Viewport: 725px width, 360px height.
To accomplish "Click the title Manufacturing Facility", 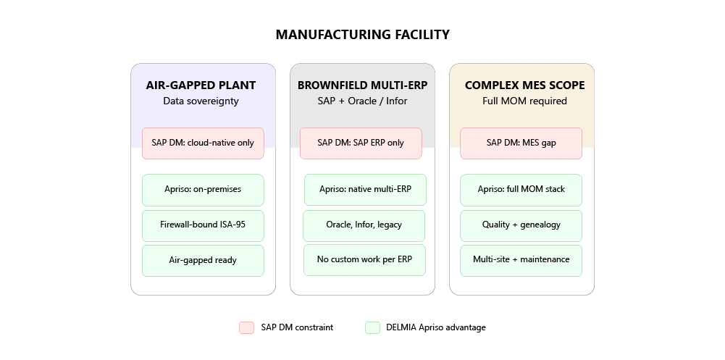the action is (x=362, y=35).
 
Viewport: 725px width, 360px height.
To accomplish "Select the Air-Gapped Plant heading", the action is (x=201, y=85).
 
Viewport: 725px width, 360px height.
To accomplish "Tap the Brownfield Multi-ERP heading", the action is (x=362, y=85).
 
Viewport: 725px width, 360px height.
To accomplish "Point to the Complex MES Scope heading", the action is (x=525, y=85).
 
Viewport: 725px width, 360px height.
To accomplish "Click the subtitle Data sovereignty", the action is (x=201, y=101).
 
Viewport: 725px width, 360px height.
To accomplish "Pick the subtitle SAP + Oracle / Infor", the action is (x=362, y=101).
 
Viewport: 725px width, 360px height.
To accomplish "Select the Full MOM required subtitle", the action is (x=525, y=101).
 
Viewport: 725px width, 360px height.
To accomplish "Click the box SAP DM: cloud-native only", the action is (x=203, y=143).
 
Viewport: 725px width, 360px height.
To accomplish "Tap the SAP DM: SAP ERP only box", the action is (x=361, y=143).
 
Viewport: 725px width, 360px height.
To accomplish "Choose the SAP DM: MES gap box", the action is (x=521, y=143).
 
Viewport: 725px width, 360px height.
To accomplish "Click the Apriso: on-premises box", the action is (x=203, y=190).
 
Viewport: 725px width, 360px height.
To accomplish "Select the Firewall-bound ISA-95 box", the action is (x=203, y=225).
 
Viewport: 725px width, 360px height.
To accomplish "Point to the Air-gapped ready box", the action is (x=203, y=261).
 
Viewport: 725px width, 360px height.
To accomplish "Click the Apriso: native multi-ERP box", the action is (x=365, y=190).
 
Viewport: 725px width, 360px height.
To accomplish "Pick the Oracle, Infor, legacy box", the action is (x=364, y=225).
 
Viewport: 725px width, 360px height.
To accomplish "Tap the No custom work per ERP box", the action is (x=364, y=260).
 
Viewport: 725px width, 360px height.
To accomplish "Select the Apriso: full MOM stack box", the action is (x=521, y=190).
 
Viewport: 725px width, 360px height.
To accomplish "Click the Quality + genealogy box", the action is (x=521, y=225).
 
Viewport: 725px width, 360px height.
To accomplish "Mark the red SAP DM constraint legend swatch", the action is (x=246, y=327).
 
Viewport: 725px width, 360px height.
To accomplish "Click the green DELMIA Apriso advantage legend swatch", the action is (x=373, y=327).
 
